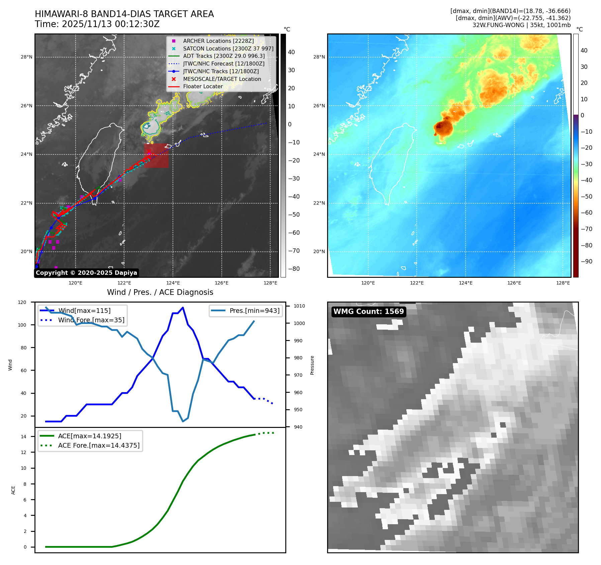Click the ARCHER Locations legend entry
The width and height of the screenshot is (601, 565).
[218, 41]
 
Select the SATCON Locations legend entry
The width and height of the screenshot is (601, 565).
[228, 48]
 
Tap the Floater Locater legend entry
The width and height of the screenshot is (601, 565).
[203, 86]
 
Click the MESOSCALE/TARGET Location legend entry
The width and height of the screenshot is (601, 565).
[222, 79]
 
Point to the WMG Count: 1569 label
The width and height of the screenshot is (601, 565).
[369, 312]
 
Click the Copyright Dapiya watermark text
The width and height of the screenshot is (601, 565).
[86, 273]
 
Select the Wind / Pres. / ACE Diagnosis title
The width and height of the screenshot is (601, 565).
[160, 292]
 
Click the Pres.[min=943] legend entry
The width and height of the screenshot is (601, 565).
[254, 311]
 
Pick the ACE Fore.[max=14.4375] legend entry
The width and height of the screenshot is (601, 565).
[99, 445]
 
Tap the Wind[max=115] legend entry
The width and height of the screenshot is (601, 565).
[84, 311]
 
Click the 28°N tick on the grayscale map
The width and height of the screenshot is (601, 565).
[27, 57]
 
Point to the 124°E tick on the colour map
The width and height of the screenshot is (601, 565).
[466, 283]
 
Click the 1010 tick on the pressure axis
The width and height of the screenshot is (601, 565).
[299, 306]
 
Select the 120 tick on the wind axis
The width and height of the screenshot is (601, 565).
[22, 302]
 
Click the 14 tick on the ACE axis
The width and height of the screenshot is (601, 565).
[23, 437]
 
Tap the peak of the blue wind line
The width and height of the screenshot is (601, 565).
[183, 307]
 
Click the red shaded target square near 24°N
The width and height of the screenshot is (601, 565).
[156, 155]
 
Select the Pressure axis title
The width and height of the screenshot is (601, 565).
[312, 365]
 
